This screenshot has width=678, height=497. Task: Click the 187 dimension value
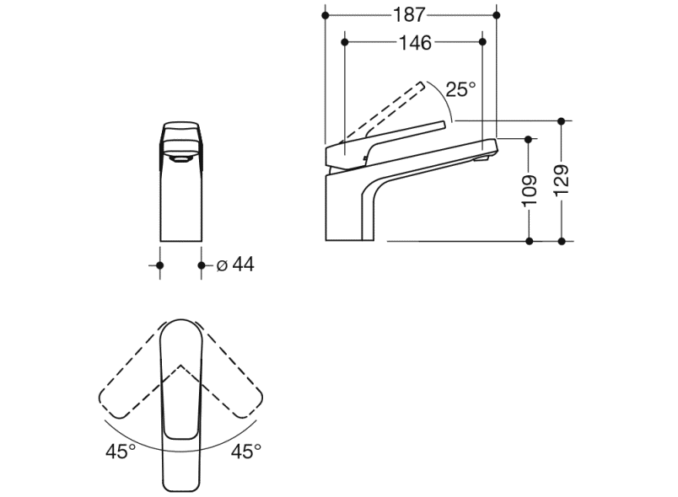click(409, 15)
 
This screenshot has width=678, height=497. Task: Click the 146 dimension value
click(415, 43)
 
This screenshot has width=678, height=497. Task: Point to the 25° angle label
click(460, 89)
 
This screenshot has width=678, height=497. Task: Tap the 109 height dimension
click(530, 190)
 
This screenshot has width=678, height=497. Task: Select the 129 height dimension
click(562, 180)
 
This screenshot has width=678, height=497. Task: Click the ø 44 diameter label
click(235, 265)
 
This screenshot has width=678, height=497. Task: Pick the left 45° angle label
click(121, 452)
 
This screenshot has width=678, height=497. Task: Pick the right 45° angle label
click(246, 452)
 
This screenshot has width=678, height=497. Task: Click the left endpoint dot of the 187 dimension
click(326, 15)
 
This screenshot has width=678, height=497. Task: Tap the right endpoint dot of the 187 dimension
click(497, 15)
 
